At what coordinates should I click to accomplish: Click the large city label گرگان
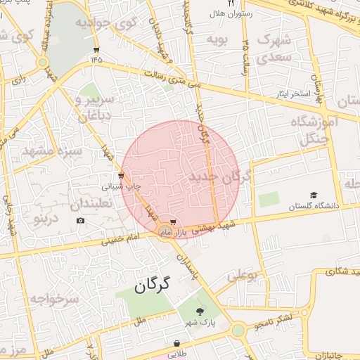pyautogui.click(x=151, y=285)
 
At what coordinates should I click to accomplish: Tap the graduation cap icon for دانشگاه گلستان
pyautogui.click(x=314, y=195)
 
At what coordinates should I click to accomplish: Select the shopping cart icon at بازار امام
pyautogui.click(x=173, y=221)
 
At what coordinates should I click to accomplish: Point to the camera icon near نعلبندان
pyautogui.click(x=81, y=221)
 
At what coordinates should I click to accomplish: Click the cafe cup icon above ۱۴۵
pyautogui.click(x=96, y=49)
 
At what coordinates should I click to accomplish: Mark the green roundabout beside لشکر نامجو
pyautogui.click(x=238, y=329)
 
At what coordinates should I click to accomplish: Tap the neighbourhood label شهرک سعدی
pyautogui.click(x=274, y=48)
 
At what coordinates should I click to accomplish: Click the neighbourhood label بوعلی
pyautogui.click(x=242, y=274)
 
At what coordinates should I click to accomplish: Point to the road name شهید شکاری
pyautogui.click(x=337, y=270)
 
